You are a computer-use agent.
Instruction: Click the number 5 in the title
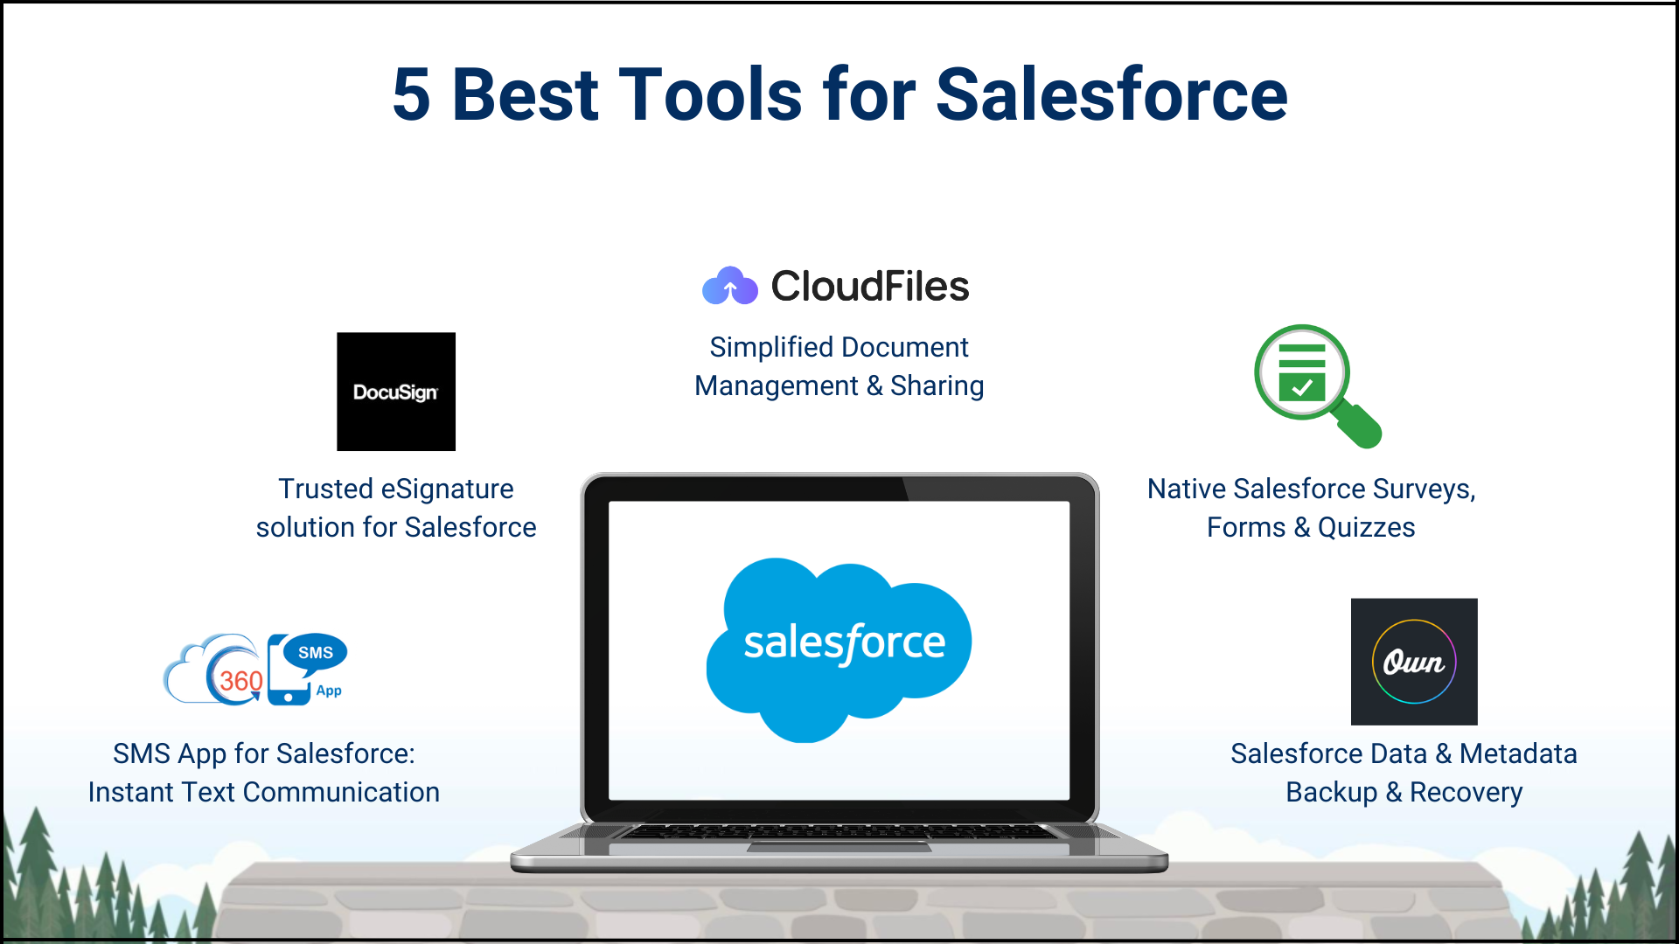[411, 94]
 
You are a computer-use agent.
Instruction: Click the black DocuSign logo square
[396, 392]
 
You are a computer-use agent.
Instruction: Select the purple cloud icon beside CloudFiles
[730, 286]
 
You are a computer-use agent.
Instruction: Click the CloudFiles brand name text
[869, 286]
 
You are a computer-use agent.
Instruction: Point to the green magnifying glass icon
[1317, 385]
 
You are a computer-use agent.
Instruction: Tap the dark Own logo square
[1414, 662]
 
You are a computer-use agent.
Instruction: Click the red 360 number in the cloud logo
[240, 681]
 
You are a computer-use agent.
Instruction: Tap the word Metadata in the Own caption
[1518, 753]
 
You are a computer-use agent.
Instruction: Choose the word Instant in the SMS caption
[132, 792]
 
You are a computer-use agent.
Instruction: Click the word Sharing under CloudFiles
[937, 386]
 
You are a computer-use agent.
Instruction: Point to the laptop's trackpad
[839, 846]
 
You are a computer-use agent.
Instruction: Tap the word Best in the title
[525, 94]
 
